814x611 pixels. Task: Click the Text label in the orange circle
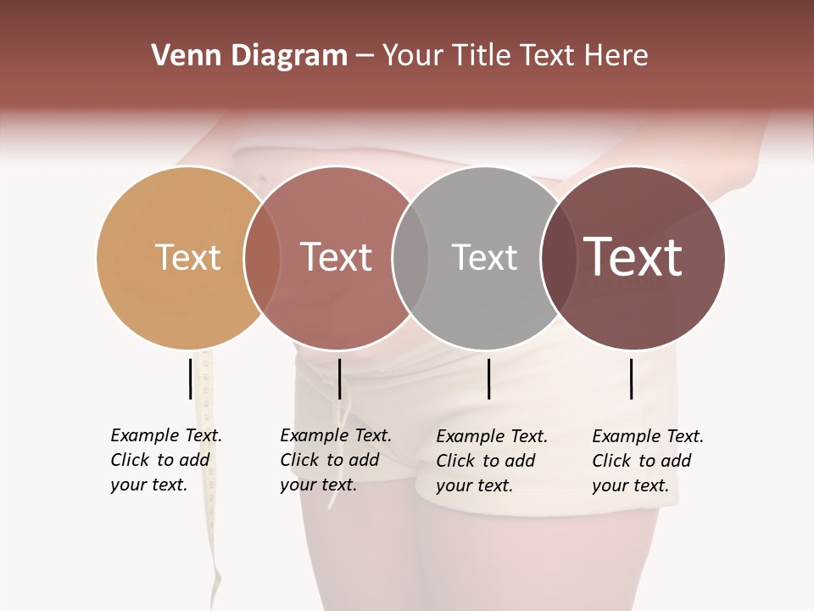click(187, 257)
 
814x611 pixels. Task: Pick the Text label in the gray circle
click(484, 257)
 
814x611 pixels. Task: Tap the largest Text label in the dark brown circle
click(633, 257)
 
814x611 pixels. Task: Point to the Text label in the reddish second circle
click(336, 257)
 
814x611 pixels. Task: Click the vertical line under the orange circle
click(191, 378)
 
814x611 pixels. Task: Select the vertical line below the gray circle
click(489, 378)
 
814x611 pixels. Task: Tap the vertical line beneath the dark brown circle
click(632, 378)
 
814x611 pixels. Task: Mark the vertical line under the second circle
click(339, 378)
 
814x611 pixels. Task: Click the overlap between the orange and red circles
click(262, 258)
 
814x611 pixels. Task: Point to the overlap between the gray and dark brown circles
click(559, 258)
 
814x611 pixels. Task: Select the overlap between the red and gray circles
click(410, 258)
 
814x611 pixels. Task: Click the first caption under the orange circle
click(166, 460)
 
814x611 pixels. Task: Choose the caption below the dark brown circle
click(648, 461)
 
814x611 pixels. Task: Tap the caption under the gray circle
click(492, 461)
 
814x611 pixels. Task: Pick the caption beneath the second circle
click(336, 460)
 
